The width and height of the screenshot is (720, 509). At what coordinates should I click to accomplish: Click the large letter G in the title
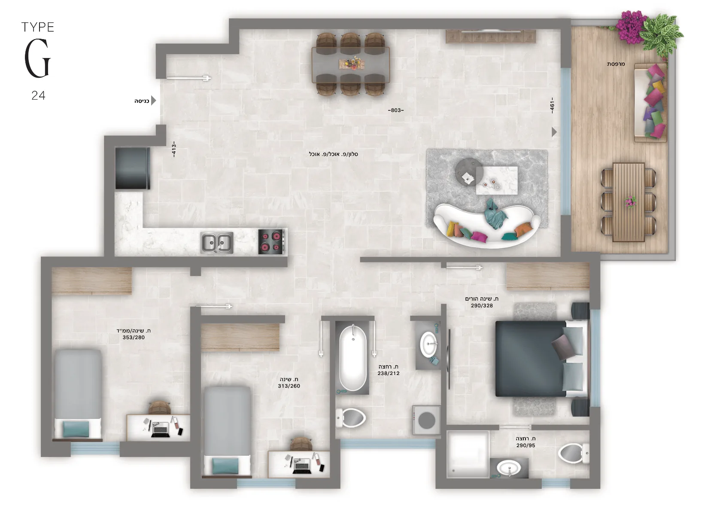pos(38,58)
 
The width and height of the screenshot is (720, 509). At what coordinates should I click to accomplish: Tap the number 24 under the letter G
pos(38,95)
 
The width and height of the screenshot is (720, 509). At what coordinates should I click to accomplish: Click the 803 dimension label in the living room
pos(396,110)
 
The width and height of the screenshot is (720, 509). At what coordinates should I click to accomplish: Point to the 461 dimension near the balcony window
pos(552,105)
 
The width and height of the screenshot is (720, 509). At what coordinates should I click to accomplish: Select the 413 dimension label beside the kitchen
pos(174,149)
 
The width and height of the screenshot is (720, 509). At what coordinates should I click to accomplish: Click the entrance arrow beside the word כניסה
pos(154,101)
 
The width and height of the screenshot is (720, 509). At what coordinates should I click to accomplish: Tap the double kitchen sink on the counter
pos(217,243)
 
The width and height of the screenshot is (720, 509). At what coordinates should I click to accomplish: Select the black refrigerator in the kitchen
pos(132,168)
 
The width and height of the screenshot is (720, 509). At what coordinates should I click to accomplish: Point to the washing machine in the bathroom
pos(426,420)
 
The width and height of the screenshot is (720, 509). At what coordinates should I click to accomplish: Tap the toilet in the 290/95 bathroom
pos(574,453)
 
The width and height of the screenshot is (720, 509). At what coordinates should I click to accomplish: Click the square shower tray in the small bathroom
pos(468,454)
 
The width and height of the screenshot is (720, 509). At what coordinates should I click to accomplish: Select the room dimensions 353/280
pos(134,337)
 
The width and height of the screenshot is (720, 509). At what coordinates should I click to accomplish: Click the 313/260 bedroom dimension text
pos(289,386)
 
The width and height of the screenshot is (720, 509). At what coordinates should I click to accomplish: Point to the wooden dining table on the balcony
pos(629,202)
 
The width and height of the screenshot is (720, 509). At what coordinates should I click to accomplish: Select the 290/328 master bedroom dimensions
pos(482,305)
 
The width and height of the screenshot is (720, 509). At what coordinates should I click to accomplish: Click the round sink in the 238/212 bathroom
pos(428,344)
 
